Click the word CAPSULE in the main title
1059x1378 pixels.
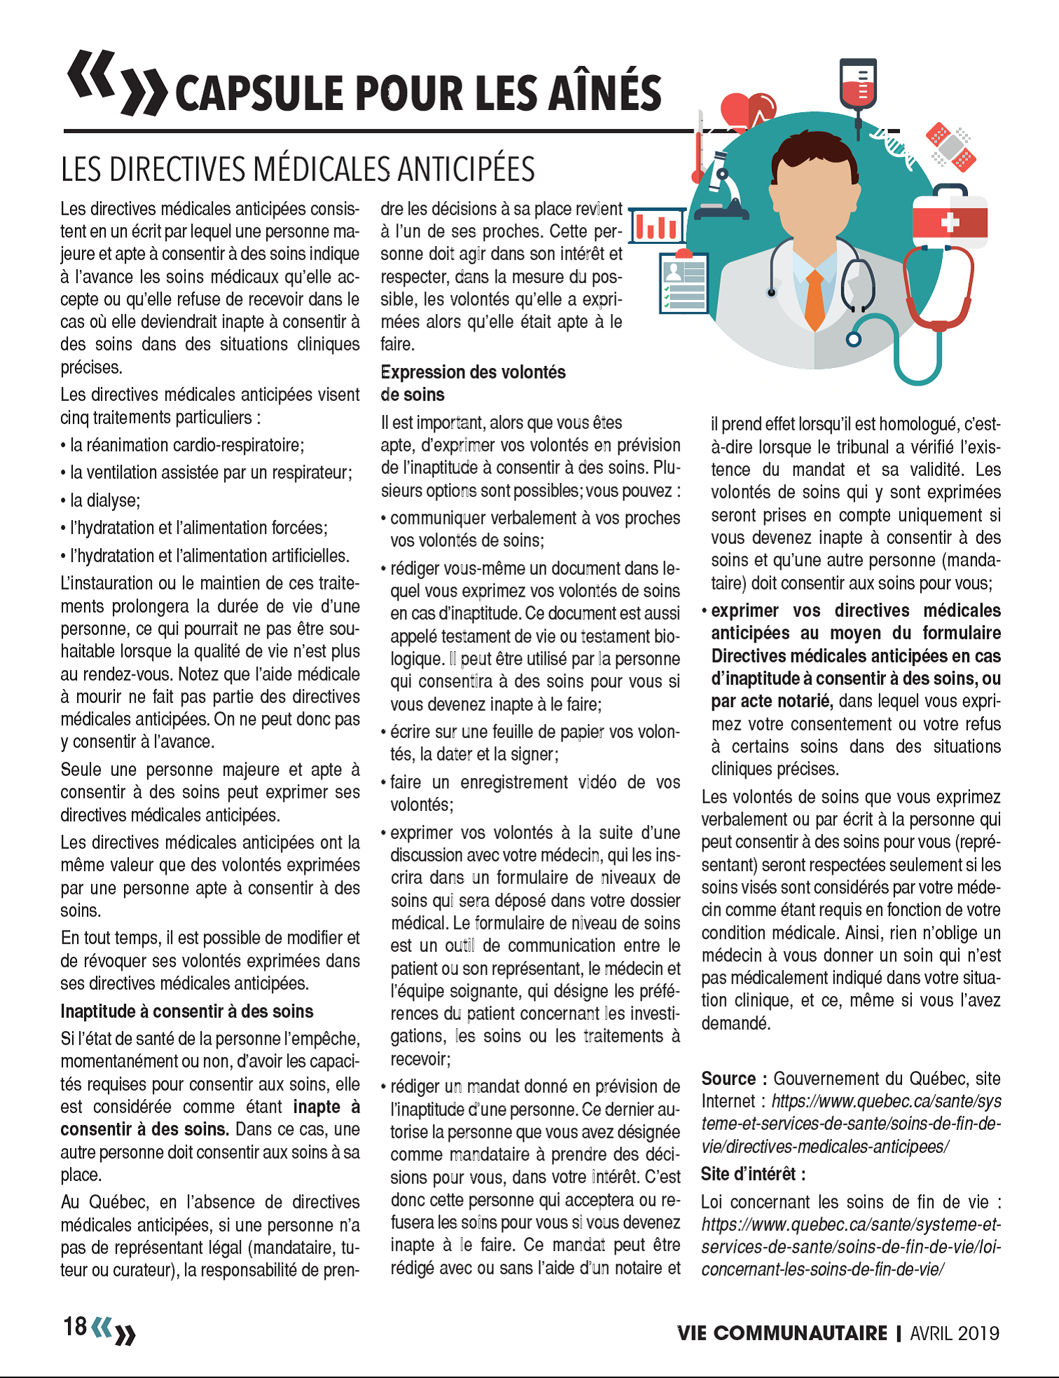tap(258, 93)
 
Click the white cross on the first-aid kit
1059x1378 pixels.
tap(949, 223)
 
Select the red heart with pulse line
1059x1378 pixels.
tap(746, 112)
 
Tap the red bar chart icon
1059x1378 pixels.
tap(657, 225)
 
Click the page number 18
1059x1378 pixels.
tap(75, 1326)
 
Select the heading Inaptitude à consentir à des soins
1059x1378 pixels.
tap(186, 1011)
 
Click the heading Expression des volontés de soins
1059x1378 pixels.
tap(473, 383)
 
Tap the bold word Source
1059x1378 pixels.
tap(728, 1079)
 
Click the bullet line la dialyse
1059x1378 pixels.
tap(105, 500)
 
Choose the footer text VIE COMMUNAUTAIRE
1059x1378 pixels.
tap(782, 1332)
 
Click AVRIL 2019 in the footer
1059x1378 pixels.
tap(955, 1332)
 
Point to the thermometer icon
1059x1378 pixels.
tap(698, 147)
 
